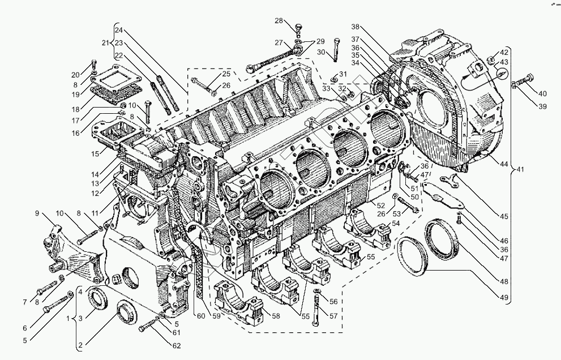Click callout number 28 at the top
(279, 21)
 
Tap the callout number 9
(37, 213)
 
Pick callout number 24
(118, 30)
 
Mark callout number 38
(355, 27)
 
